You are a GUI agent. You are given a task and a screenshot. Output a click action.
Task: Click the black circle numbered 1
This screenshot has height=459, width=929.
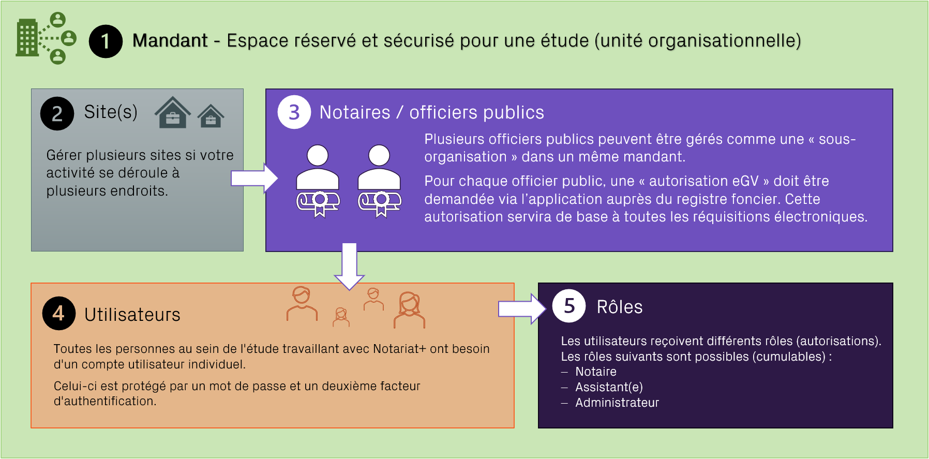(x=106, y=41)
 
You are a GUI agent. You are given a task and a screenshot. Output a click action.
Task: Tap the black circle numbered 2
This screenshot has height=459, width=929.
(x=57, y=113)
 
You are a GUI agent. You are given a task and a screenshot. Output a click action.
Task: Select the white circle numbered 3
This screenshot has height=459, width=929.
(x=294, y=112)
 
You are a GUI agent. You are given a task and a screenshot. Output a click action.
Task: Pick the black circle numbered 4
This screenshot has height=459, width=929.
(x=58, y=313)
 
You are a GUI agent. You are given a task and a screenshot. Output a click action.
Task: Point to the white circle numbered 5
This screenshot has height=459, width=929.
(x=569, y=306)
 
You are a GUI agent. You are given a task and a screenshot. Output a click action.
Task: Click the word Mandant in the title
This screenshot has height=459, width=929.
(x=170, y=40)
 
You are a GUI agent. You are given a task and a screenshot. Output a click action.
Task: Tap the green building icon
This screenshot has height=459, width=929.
(x=27, y=38)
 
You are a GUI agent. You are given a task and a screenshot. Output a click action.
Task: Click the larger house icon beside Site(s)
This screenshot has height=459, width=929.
(x=173, y=112)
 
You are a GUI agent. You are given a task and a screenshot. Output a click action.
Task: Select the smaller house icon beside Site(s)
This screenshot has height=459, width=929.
(x=211, y=116)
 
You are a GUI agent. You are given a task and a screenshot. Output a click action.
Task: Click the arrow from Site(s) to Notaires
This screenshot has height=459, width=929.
(x=254, y=178)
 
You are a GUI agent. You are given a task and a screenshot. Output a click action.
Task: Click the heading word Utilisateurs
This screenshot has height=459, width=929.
(x=132, y=315)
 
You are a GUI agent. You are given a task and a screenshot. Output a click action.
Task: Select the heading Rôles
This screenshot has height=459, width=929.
(x=619, y=307)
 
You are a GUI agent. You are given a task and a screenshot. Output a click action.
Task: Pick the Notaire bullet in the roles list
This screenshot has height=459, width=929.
(x=595, y=372)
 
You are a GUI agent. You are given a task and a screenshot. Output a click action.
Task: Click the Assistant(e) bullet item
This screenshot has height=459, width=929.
(x=609, y=387)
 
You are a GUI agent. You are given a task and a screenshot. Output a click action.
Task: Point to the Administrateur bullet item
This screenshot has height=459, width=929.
(x=617, y=403)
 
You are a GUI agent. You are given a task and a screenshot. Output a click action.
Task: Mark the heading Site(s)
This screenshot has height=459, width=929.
(x=111, y=112)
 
